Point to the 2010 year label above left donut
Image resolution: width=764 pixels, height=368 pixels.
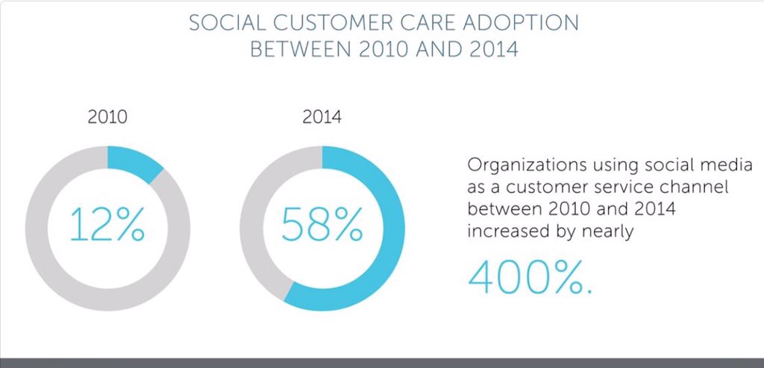pyautogui.click(x=107, y=117)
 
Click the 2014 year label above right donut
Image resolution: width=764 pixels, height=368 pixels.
pyautogui.click(x=322, y=117)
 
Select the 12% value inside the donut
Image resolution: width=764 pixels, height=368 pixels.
pyautogui.click(x=107, y=226)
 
